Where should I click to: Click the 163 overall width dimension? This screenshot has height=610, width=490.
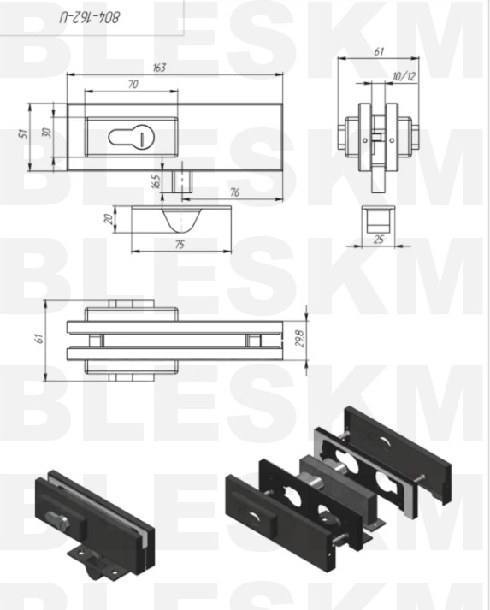pos(159,68)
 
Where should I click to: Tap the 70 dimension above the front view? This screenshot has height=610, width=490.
pos(133,84)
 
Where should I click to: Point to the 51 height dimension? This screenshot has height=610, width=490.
pos(24,133)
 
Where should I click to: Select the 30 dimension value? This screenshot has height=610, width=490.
pos(47,133)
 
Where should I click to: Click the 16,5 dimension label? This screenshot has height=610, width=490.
pos(156,181)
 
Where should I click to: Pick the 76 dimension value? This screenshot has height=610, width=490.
pos(235,192)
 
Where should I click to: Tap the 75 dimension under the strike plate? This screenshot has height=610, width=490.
pos(180,245)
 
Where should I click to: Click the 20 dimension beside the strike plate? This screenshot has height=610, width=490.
pos(109,219)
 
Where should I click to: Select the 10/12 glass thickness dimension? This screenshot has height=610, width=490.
pos(404,76)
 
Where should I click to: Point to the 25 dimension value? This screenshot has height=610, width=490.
pos(378,239)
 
